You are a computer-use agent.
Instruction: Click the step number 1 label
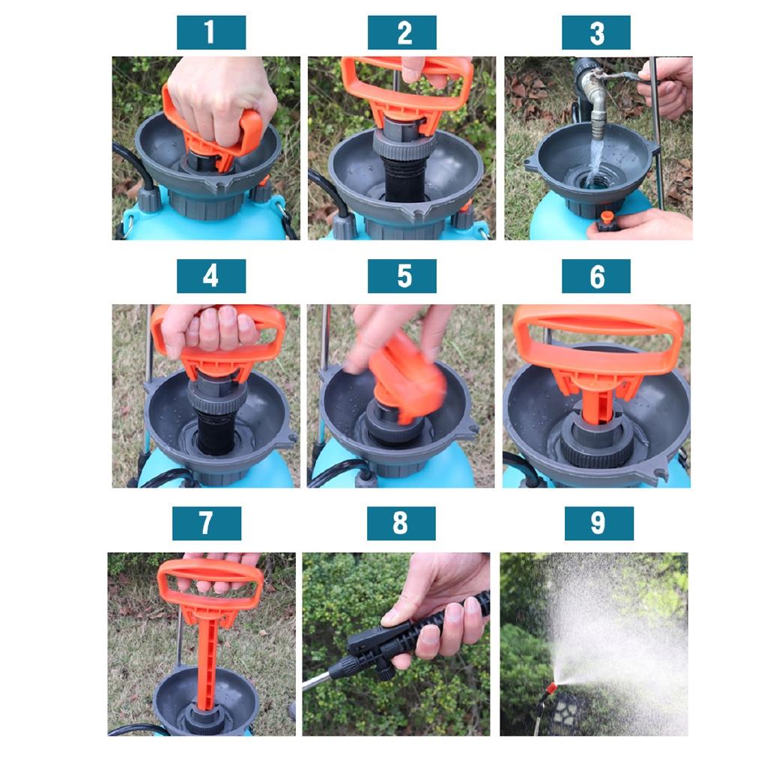[x=210, y=33]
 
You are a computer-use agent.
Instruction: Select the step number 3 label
[x=596, y=33]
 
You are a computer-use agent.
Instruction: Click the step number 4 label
[x=210, y=276]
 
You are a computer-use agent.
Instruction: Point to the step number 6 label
[x=596, y=276]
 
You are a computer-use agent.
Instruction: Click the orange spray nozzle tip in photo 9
[x=552, y=688]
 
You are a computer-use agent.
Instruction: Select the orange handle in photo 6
[x=598, y=330]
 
